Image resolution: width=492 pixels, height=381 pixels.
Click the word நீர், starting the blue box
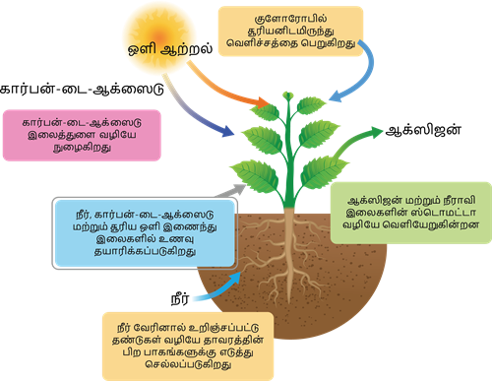click(70, 211)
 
